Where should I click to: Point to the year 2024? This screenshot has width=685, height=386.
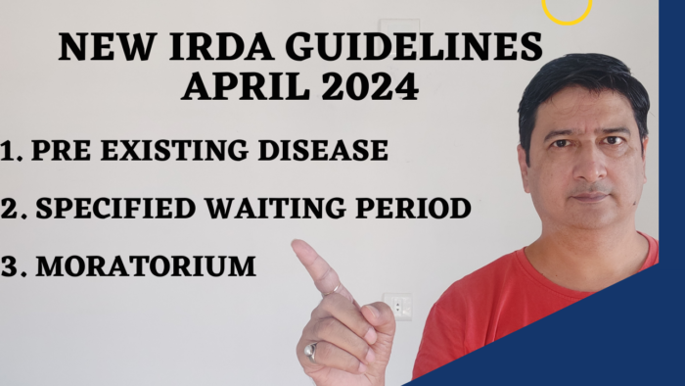(370, 86)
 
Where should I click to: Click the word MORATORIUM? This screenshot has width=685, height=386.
(146, 265)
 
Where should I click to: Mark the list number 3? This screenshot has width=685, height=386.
(12, 265)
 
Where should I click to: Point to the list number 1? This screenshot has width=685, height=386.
(11, 151)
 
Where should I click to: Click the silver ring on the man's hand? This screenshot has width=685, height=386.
(311, 350)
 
